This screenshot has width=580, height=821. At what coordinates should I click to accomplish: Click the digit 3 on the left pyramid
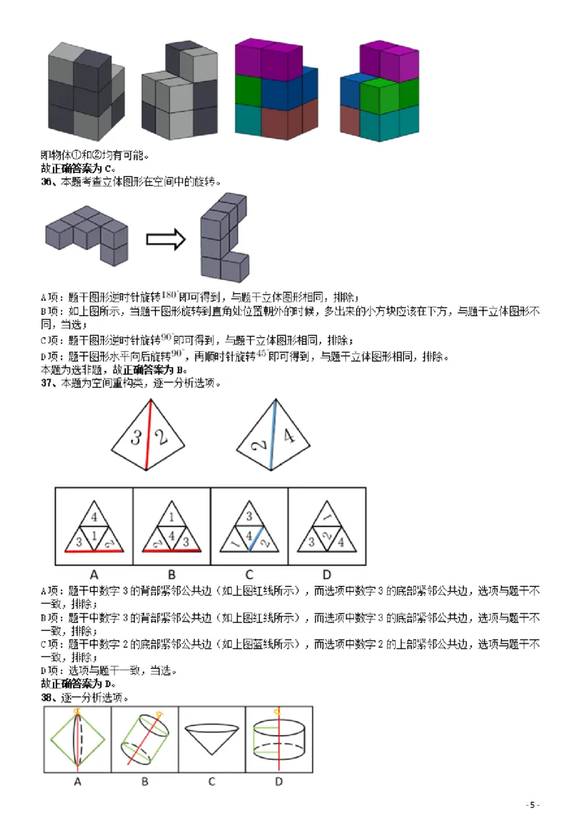tap(135, 437)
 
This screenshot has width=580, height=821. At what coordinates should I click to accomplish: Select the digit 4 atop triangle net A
tap(93, 518)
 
